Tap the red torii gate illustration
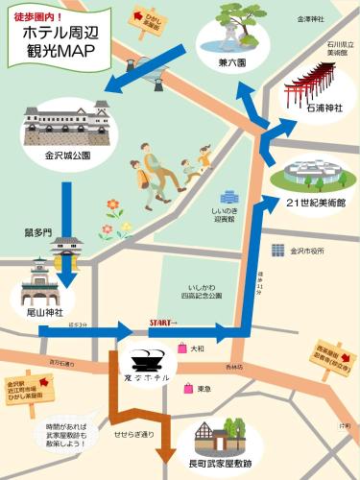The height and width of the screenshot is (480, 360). click(x=310, y=88)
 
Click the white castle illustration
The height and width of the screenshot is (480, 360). click(x=60, y=120)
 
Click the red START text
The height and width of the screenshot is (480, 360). click(x=162, y=323)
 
